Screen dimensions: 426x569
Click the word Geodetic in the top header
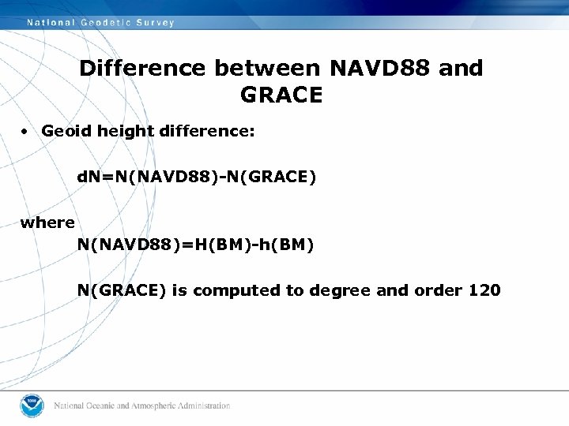pos(107,23)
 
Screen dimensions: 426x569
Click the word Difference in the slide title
pos(143,69)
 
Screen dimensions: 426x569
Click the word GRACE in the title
pos(281,95)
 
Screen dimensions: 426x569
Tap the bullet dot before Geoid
pos(26,132)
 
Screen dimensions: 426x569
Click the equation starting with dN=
pos(196,178)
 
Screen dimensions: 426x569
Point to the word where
pos(47,223)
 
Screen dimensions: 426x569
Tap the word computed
pos(236,290)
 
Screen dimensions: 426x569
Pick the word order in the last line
pos(437,290)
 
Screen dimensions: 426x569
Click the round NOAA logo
pos(32,405)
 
